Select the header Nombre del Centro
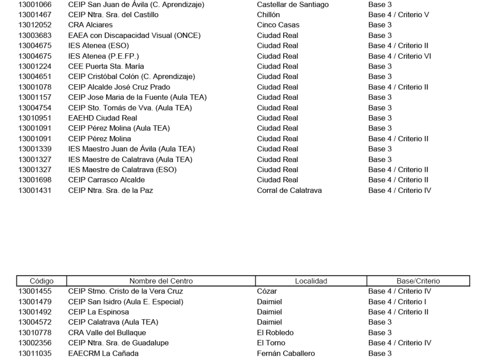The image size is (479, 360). click(x=161, y=281)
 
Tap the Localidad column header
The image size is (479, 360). click(x=311, y=281)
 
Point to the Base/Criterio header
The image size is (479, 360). click(x=418, y=281)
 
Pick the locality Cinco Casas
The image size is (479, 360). click(x=273, y=25)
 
